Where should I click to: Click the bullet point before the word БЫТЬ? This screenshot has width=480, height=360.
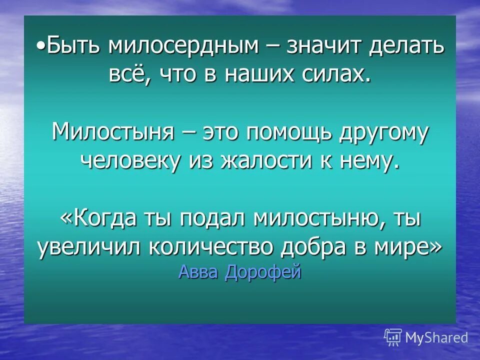click(40, 45)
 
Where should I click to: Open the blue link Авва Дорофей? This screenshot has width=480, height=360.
click(239, 273)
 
